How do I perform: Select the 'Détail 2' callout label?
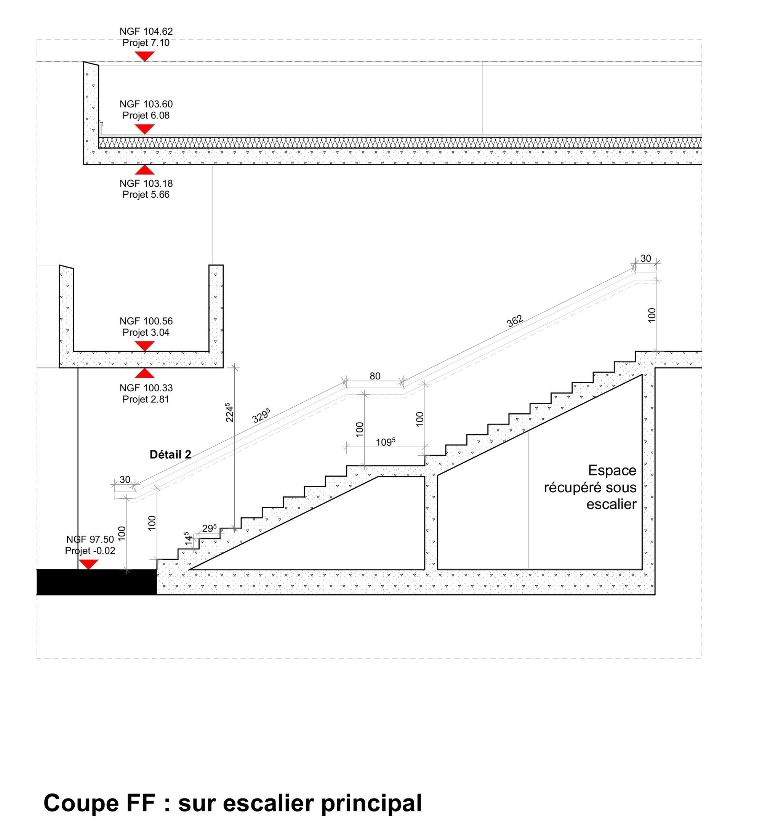click(170, 455)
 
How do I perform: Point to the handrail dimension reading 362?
click(515, 321)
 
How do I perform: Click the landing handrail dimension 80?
click(375, 376)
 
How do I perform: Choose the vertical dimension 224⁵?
click(230, 412)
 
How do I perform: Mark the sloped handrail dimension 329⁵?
click(261, 415)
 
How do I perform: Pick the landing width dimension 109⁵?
click(386, 442)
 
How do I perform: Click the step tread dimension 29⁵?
click(210, 528)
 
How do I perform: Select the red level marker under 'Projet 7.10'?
click(144, 56)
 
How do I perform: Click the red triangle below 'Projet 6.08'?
click(144, 129)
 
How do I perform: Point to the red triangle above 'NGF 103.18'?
click(144, 170)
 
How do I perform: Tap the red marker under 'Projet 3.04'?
click(144, 346)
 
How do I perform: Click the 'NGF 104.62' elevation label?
click(146, 31)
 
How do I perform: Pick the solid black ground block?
click(96, 582)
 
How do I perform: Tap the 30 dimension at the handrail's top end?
click(646, 258)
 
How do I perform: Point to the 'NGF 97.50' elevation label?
click(90, 539)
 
